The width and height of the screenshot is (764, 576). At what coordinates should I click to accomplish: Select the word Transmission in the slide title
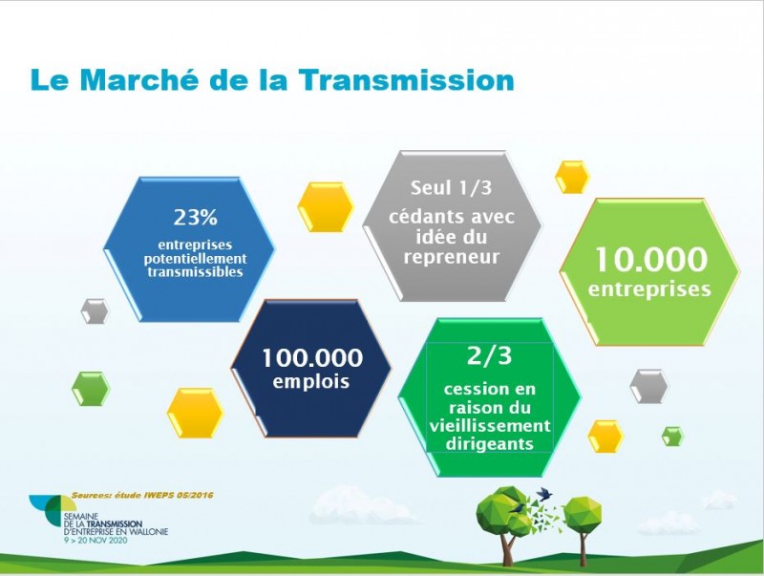coord(407,80)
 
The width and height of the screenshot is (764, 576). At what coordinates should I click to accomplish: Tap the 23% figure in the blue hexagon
coord(195,218)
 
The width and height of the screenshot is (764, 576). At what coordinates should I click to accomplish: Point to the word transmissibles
coord(196,272)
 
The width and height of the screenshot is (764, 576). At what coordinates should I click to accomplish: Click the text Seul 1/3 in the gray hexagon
coord(451,187)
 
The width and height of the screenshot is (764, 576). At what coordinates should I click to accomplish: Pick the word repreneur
coord(452,256)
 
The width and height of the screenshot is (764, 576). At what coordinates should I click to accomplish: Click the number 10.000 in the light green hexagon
coord(650,259)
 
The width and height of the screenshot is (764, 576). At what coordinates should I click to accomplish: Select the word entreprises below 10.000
coord(649,289)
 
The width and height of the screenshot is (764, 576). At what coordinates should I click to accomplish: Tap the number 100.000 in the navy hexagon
coord(312,357)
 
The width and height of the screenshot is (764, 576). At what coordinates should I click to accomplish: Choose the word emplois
coord(311,381)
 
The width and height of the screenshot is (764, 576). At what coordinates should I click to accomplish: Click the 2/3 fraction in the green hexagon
coord(489,355)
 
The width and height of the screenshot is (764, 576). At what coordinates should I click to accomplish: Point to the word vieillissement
coord(490,425)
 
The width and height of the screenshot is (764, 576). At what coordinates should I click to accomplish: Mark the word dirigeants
coord(489,444)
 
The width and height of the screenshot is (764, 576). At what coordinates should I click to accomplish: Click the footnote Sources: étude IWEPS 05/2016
coord(142,495)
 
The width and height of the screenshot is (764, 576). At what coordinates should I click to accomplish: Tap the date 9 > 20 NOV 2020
coord(95,541)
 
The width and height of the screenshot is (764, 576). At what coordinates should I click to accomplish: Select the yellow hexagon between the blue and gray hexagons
coord(326,206)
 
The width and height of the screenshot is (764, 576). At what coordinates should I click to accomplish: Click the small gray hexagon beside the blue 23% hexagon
coord(95,310)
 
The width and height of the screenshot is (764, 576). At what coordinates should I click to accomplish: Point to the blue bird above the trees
coord(544,494)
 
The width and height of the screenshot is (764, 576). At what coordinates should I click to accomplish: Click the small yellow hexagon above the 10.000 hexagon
coord(572,177)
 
